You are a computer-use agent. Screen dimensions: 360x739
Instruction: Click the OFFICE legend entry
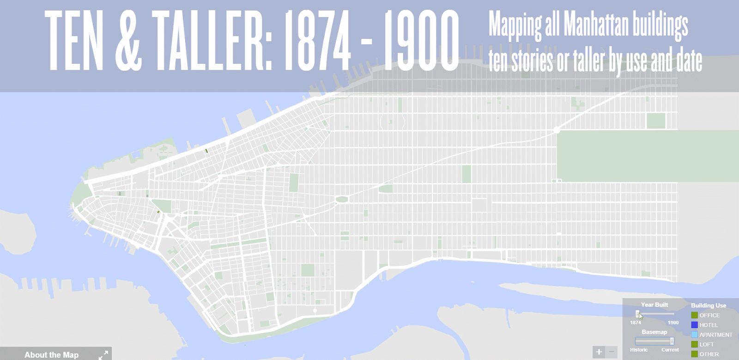pos(709,315)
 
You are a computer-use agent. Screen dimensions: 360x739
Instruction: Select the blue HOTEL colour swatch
pos(694,325)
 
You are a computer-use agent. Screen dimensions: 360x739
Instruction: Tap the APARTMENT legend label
pos(715,335)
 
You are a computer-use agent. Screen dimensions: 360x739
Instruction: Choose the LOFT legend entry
pos(706,344)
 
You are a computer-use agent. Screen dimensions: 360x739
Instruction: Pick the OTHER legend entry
pos(709,354)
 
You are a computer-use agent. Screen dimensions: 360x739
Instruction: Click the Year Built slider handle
pos(637,314)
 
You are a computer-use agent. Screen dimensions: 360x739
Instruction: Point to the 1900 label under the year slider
pos(673,323)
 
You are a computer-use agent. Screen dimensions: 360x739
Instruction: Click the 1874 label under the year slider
pos(636,323)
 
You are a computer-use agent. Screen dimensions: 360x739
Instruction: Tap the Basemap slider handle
pos(672,341)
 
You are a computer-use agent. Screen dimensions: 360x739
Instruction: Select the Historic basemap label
pos(639,350)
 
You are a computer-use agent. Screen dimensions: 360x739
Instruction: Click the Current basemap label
pos(670,350)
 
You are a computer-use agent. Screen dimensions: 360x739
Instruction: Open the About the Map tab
pos(51,355)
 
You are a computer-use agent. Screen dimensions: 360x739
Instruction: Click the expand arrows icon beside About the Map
pos(103,355)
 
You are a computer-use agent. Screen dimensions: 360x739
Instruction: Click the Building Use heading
pos(708,305)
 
